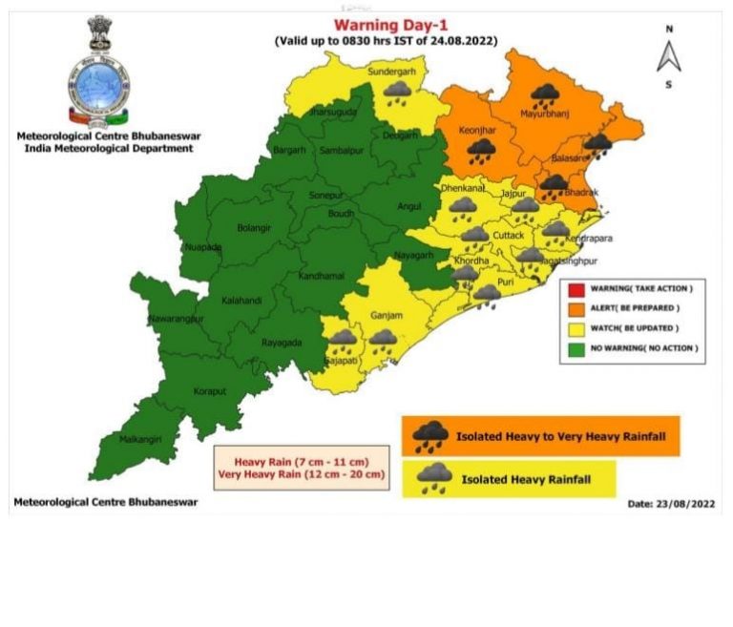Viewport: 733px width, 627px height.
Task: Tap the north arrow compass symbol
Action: (x=668, y=56)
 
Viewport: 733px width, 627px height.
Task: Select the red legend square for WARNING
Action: (x=576, y=287)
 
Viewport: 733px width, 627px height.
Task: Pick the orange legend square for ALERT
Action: (x=576, y=307)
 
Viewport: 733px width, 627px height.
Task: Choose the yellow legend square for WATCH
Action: (x=576, y=327)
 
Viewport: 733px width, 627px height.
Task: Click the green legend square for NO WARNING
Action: (x=576, y=348)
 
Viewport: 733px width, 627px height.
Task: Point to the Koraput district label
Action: (x=209, y=390)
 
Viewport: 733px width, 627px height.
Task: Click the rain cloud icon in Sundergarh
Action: (x=397, y=93)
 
